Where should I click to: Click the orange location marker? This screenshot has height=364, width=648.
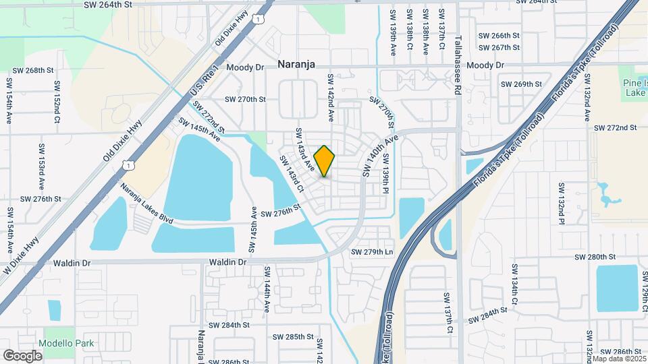[x=325, y=160]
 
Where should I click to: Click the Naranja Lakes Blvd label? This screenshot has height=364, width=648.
[x=147, y=203]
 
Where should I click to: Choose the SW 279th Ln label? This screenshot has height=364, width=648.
[x=371, y=252]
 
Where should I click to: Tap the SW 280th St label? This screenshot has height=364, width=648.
[x=595, y=257]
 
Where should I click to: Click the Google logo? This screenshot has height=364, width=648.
[x=22, y=356]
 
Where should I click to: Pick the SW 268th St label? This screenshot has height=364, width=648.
[x=33, y=70]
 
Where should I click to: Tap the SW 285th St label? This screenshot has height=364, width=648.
[x=293, y=336]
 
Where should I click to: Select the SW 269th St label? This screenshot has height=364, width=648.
[x=521, y=84]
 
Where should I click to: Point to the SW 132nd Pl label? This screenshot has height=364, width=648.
[x=560, y=203]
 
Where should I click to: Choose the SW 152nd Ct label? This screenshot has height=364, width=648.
[x=57, y=101]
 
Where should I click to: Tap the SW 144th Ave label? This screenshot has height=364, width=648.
[x=267, y=289]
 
